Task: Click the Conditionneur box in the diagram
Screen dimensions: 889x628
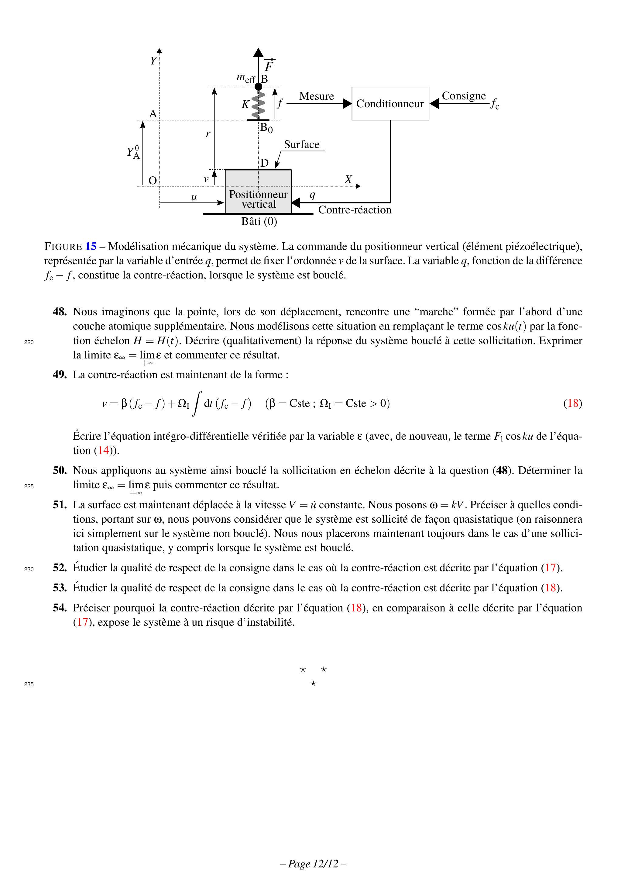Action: [x=390, y=103]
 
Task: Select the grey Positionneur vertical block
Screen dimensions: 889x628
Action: [x=258, y=192]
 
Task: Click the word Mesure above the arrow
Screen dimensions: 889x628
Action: [x=316, y=96]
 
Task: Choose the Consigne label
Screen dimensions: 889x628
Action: [x=464, y=96]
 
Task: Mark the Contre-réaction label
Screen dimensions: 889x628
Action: [x=355, y=210]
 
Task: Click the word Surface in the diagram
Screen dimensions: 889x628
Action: [x=301, y=144]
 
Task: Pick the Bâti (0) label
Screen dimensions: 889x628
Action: [x=259, y=221]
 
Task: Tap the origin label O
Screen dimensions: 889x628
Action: [x=153, y=180]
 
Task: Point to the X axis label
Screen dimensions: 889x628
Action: [x=348, y=179]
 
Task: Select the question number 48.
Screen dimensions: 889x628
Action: [x=60, y=312]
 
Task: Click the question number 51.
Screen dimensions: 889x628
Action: [x=60, y=505]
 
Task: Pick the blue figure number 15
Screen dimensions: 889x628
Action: [x=91, y=247]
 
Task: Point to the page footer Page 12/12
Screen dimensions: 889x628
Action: [x=313, y=864]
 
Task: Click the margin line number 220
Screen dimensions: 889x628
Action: [x=29, y=342]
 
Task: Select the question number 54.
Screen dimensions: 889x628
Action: [x=60, y=608]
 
